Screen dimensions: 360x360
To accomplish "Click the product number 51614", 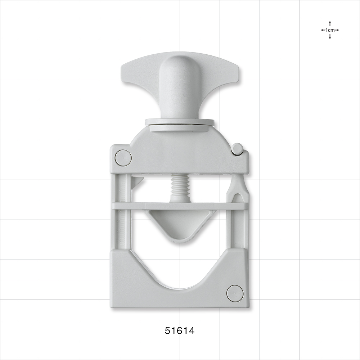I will point(180,331).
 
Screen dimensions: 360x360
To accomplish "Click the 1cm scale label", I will point(330,30).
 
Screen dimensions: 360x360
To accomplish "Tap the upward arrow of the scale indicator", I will point(330,22).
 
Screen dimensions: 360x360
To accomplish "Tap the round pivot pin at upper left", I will point(123,158).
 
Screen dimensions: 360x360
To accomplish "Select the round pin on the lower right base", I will point(235,293).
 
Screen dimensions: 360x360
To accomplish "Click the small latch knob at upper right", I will point(237,149).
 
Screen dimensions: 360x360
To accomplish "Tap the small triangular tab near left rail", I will point(136,182).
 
